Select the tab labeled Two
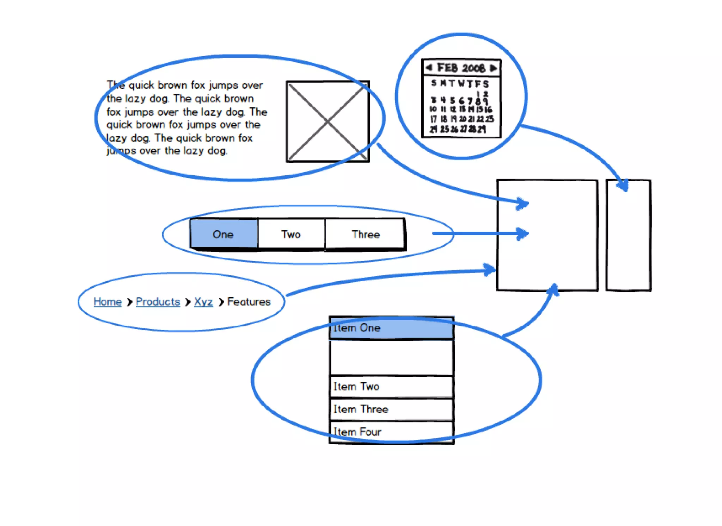point(291,234)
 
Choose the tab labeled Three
point(365,234)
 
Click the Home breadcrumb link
point(108,301)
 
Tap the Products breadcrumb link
point(158,301)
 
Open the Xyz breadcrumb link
point(203,301)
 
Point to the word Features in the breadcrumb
point(249,301)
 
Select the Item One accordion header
point(391,328)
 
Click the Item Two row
point(391,387)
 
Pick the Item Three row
point(391,409)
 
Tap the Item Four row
point(391,431)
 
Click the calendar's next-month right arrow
point(493,68)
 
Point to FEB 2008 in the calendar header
point(461,68)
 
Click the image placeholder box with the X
point(328,121)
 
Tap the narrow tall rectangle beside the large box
point(628,235)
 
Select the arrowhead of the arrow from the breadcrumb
point(490,270)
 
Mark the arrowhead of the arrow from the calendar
point(624,186)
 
